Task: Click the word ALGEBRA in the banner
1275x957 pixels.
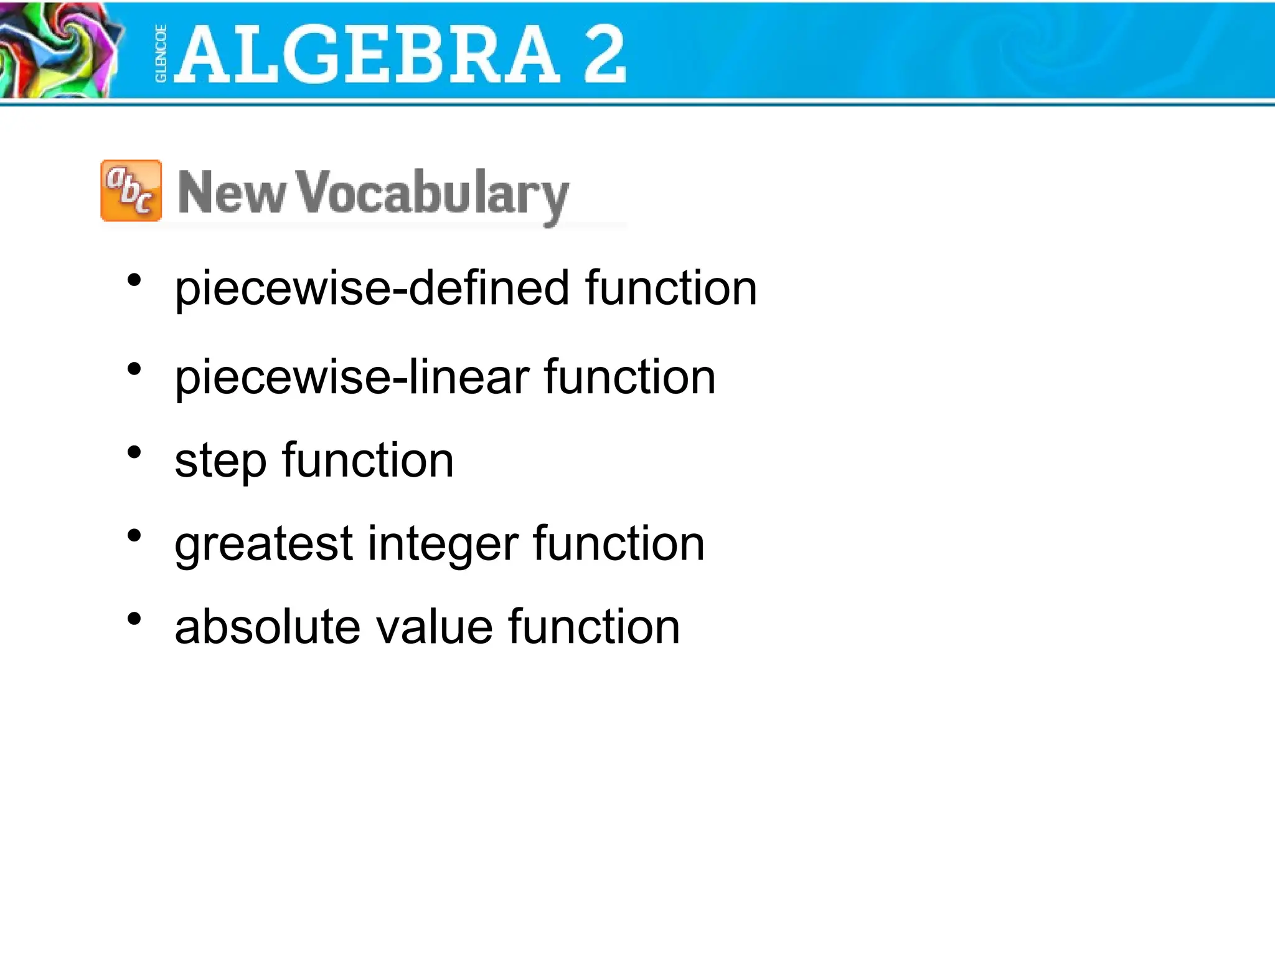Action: coord(367,55)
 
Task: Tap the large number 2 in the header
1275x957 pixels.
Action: coord(604,55)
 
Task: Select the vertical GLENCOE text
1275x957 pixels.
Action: coord(161,54)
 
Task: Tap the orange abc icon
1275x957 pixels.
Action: coord(131,191)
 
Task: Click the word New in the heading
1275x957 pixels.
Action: coord(231,193)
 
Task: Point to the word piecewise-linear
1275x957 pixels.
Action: coord(351,378)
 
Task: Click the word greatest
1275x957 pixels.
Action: coord(264,545)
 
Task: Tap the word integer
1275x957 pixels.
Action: coord(443,545)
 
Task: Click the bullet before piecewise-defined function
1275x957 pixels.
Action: coord(134,280)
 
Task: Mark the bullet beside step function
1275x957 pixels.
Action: coord(134,452)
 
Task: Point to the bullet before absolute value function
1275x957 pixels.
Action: coord(134,619)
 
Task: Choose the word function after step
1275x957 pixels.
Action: coord(368,461)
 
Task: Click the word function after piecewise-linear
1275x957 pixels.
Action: coord(629,378)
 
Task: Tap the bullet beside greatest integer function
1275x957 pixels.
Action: coord(134,536)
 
